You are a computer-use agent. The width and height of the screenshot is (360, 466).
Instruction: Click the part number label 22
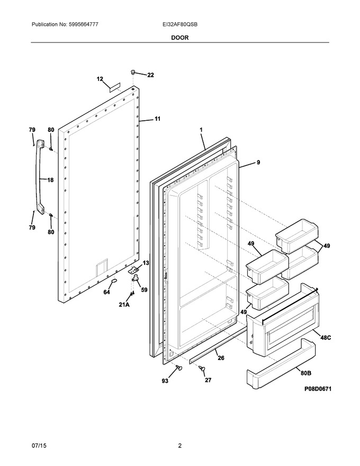pos(150,75)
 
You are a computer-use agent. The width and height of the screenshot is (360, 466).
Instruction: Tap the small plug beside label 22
pos(133,71)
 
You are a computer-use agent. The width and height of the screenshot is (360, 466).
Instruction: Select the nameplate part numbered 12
pos(114,87)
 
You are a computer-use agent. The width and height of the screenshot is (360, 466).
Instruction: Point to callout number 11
pos(157,119)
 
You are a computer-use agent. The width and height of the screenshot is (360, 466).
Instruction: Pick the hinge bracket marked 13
pos(134,270)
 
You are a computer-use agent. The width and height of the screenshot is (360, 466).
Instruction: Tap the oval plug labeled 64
pos(114,281)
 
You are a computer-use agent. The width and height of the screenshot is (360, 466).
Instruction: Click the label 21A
pos(124,304)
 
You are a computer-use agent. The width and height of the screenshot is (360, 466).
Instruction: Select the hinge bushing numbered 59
pos(135,279)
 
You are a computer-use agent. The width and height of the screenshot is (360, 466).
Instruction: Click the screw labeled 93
pos(179,368)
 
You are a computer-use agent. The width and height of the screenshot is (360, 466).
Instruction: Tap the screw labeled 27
pos(202,369)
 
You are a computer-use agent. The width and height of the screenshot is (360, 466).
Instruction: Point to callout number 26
pos(221,358)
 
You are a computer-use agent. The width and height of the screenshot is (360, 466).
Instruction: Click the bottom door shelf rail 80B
pos(281,363)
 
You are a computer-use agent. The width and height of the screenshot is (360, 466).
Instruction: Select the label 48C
pos(325,338)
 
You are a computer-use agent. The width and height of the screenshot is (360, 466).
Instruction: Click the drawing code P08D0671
pos(318,389)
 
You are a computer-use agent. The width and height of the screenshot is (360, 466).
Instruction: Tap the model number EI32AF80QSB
pos(178,24)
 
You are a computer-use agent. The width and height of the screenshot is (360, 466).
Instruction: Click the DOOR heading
pos(179,38)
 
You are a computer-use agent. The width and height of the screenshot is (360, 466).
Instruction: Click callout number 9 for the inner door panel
pos(258,162)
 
